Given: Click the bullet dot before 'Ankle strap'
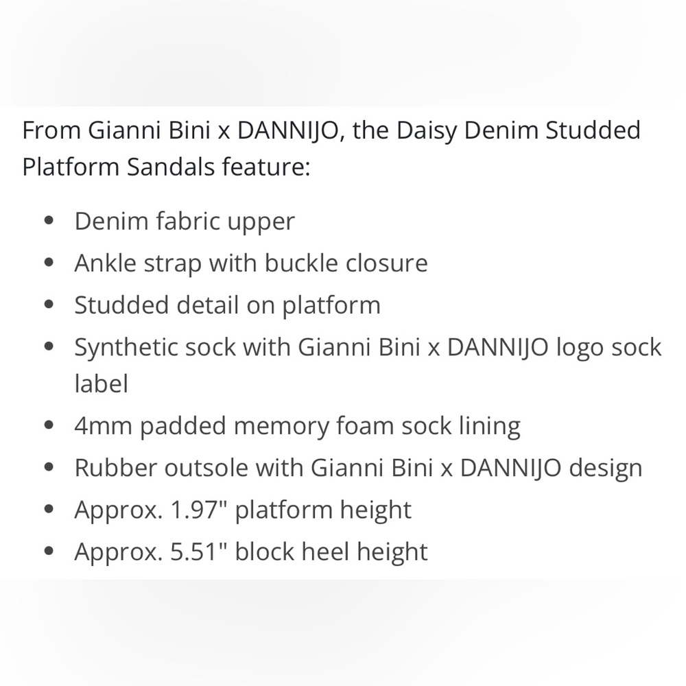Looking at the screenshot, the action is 49,263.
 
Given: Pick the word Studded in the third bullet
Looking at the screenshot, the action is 121,305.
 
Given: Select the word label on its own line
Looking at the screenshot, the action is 101,383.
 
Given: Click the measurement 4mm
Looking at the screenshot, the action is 104,426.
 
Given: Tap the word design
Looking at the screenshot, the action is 606,469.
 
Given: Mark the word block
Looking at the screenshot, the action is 265,551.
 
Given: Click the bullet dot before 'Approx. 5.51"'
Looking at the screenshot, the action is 49,552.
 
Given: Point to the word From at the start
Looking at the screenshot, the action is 51,131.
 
